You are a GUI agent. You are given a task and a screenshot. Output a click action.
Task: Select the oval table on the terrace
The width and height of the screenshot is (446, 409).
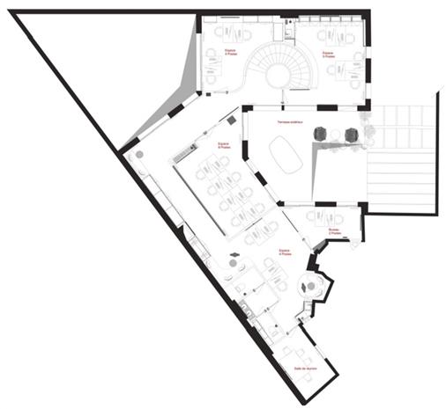tap(286, 157)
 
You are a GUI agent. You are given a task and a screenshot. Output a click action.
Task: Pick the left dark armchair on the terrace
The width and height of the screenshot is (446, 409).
tap(320, 134)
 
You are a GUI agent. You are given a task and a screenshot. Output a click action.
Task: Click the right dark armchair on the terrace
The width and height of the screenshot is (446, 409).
tap(352, 135)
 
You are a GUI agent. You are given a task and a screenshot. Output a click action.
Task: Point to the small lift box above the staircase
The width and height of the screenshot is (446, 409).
tap(287, 30)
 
